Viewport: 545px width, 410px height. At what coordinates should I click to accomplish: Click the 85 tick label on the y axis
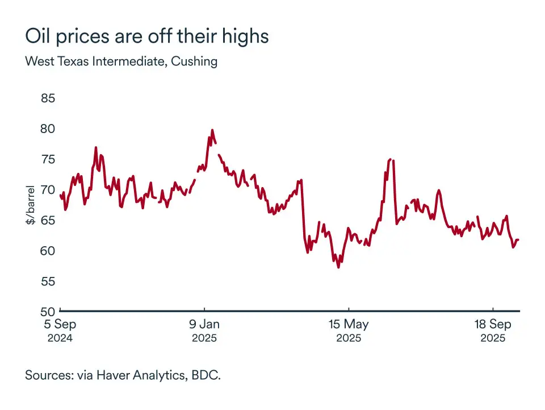click(x=48, y=98)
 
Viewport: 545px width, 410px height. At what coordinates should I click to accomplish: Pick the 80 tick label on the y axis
click(x=48, y=129)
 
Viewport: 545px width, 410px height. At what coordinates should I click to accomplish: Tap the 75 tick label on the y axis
click(x=48, y=159)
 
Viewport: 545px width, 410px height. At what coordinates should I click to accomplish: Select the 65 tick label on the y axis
click(x=48, y=220)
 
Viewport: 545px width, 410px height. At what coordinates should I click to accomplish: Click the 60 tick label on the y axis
click(x=48, y=251)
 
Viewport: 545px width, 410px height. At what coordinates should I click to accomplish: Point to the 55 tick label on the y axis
click(x=48, y=281)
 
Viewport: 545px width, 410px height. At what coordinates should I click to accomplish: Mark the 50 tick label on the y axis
click(x=48, y=312)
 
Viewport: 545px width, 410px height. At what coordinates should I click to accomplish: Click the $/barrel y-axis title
click(x=30, y=205)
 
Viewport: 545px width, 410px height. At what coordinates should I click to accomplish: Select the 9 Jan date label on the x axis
click(x=204, y=325)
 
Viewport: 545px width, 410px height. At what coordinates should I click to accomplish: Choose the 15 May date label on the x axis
click(x=349, y=325)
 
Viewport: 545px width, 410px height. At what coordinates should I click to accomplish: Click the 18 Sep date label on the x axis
click(x=493, y=325)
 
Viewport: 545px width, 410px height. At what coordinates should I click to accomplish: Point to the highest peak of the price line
click(x=212, y=130)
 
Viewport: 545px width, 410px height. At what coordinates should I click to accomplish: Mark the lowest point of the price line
click(x=338, y=267)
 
